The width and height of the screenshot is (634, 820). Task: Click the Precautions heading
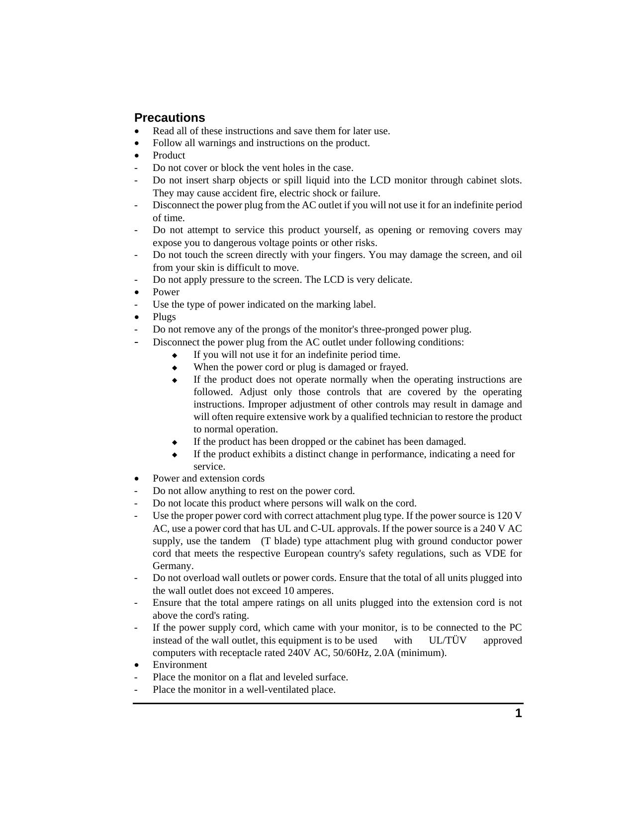pyautogui.click(x=170, y=118)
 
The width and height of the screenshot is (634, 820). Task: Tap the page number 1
pyautogui.click(x=518, y=714)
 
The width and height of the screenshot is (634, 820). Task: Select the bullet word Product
pyautogui.click(x=169, y=156)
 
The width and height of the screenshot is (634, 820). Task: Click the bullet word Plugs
pyautogui.click(x=164, y=317)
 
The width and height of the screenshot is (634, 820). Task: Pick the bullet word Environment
pyautogui.click(x=180, y=665)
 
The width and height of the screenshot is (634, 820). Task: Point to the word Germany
pyautogui.click(x=173, y=566)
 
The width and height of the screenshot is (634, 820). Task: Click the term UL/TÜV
pyautogui.click(x=448, y=641)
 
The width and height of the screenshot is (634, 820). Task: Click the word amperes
pyautogui.click(x=315, y=591)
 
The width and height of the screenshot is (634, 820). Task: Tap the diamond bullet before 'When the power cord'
pyautogui.click(x=175, y=368)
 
